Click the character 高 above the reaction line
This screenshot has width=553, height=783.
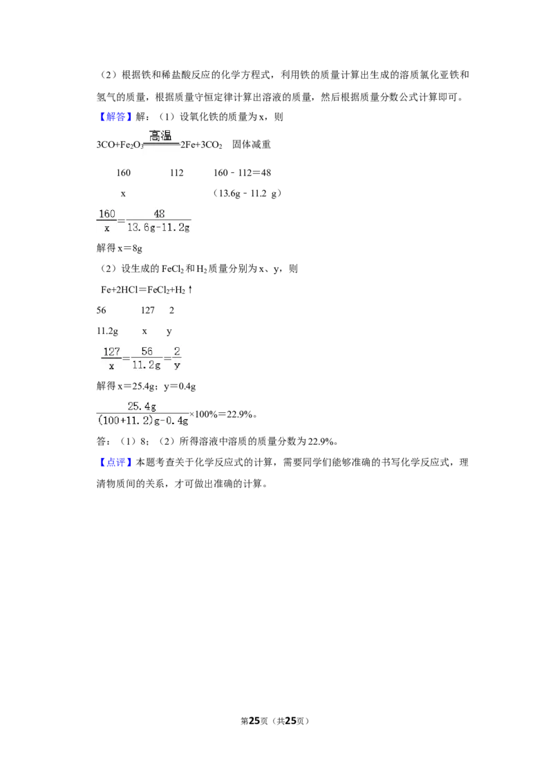[x=155, y=136]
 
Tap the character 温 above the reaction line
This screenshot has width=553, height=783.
[x=166, y=136]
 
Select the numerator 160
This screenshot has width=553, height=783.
[x=107, y=214]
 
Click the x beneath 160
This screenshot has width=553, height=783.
[x=107, y=228]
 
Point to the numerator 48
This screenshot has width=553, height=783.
[x=159, y=214]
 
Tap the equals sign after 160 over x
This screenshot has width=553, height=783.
[x=122, y=221]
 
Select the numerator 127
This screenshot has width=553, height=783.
[x=111, y=351]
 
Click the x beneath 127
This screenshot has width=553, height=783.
[x=111, y=365]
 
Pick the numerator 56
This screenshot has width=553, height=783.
[x=147, y=351]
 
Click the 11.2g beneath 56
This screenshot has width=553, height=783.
[x=147, y=365]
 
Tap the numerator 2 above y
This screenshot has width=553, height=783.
[x=177, y=351]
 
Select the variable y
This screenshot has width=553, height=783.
[x=177, y=365]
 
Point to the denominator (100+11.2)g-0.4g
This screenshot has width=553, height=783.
[x=143, y=421]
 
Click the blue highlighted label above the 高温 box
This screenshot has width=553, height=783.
[x=115, y=116]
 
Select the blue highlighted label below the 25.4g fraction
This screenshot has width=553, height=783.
[x=115, y=462]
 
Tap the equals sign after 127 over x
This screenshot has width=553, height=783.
[x=126, y=358]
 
